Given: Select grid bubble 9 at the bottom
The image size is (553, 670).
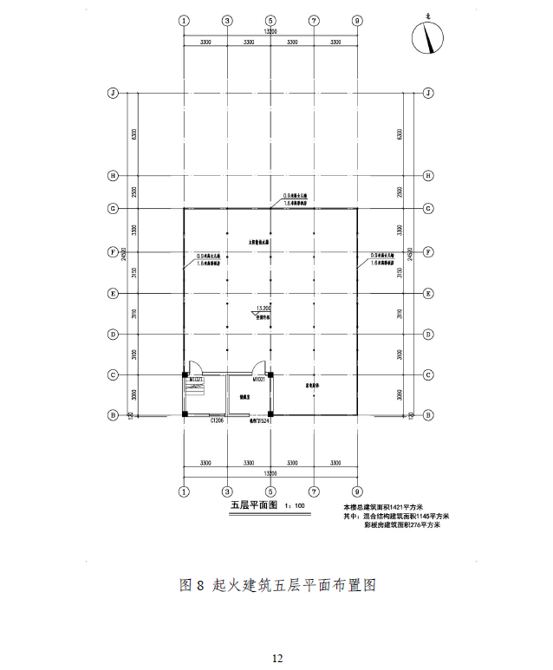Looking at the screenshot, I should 358,492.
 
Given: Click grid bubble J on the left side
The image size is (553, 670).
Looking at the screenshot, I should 112,93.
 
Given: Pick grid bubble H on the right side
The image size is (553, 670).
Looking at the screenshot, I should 428,176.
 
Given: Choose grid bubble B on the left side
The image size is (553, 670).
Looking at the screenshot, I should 112,415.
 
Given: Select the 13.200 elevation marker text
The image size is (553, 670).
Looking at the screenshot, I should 264,308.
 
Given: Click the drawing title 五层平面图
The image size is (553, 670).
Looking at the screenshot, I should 252,505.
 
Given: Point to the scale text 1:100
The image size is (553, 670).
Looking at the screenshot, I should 295,506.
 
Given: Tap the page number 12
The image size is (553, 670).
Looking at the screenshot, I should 276,658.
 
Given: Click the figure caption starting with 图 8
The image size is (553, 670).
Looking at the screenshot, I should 276,585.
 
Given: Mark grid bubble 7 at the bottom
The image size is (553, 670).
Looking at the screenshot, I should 314,492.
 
